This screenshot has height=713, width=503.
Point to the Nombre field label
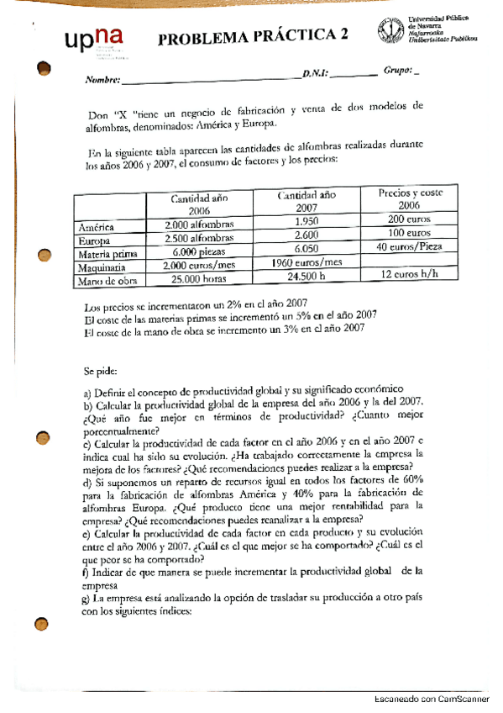click(102, 82)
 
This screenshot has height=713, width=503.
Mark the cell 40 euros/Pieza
click(409, 246)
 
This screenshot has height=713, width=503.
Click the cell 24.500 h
click(306, 276)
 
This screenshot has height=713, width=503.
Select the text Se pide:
click(101, 369)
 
